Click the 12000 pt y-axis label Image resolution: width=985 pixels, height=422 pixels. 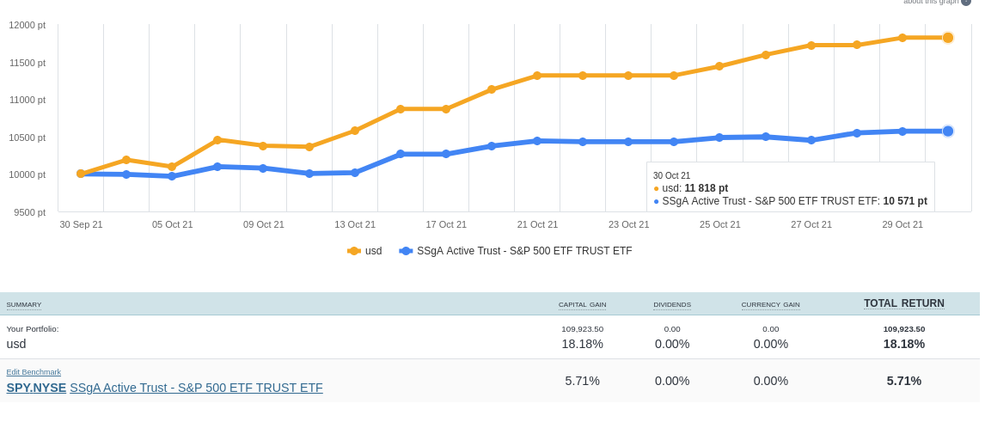click(28, 25)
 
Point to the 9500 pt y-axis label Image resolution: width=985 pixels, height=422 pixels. click(30, 212)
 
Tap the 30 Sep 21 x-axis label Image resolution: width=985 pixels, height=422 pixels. click(81, 224)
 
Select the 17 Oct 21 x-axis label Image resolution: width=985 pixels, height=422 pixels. click(446, 224)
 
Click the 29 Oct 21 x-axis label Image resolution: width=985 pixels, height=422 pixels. click(902, 224)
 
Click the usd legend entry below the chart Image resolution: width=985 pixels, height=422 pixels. click(365, 251)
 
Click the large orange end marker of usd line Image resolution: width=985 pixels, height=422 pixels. click(948, 38)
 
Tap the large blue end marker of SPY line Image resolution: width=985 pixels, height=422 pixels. click(948, 131)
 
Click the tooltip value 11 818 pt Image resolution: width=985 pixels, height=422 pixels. click(706, 188)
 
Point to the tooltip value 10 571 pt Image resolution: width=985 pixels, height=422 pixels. click(905, 201)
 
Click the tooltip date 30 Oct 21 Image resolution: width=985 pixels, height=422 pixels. click(671, 175)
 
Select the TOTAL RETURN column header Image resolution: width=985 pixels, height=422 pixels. click(903, 303)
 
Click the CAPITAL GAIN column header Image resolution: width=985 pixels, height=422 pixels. click(582, 304)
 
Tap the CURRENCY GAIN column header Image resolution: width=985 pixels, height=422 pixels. click(770, 304)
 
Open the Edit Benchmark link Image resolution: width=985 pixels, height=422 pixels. click(34, 372)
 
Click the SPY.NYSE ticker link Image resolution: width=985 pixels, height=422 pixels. click(36, 388)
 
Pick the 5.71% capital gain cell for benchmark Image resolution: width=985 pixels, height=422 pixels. click(582, 381)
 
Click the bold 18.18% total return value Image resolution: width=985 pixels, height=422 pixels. click(903, 344)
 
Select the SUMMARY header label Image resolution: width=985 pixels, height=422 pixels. click(24, 305)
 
